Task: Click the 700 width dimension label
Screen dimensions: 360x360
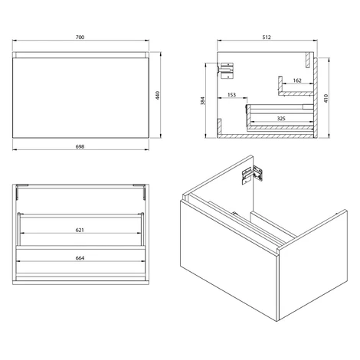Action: (x=80, y=38)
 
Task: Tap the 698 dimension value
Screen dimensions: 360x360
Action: (x=80, y=146)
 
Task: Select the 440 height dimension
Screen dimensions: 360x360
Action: (x=158, y=95)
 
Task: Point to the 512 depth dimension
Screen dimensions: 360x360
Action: (x=267, y=38)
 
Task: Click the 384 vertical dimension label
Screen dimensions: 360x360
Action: (x=202, y=100)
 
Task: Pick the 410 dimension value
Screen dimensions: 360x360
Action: (x=326, y=98)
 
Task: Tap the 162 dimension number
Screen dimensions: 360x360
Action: (x=297, y=80)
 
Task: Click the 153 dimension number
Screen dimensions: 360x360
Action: (x=231, y=95)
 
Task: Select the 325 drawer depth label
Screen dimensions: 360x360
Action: (x=281, y=119)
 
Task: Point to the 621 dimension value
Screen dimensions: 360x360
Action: (x=80, y=230)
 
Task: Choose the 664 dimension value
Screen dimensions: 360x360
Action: (x=80, y=258)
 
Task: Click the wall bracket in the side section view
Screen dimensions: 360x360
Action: (x=226, y=70)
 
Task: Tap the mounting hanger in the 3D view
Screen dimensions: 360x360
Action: (x=252, y=175)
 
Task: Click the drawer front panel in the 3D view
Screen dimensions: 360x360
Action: (x=228, y=258)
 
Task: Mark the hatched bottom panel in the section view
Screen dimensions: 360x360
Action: (x=266, y=136)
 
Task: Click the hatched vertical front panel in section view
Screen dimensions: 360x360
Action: (x=316, y=98)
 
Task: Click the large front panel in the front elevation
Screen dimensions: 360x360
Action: (x=80, y=98)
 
